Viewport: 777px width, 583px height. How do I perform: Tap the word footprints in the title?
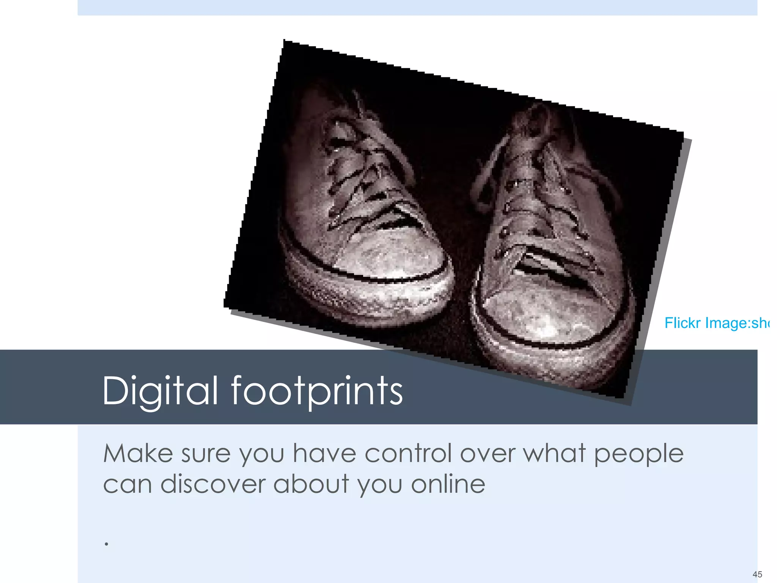317,391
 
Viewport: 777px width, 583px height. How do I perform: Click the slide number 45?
757,574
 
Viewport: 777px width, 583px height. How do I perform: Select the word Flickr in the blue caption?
682,323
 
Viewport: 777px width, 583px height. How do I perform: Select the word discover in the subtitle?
212,484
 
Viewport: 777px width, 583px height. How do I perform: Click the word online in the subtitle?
448,484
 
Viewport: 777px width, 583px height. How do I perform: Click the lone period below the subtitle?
107,544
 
